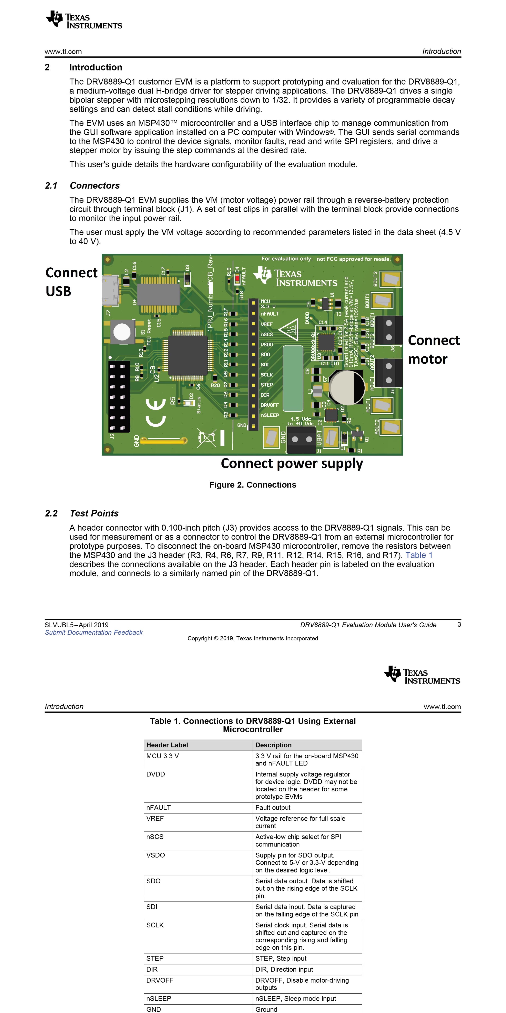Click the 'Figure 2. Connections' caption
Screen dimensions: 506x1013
[x=253, y=485]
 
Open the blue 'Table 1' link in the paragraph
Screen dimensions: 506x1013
[x=419, y=555]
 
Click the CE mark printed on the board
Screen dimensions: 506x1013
[x=155, y=412]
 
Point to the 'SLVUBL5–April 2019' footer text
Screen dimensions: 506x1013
[x=77, y=625]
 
